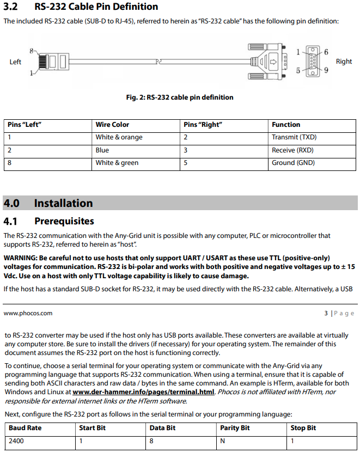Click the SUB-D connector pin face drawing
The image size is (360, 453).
click(312, 62)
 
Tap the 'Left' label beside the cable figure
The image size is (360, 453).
click(15, 62)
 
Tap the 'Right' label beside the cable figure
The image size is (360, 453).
click(344, 62)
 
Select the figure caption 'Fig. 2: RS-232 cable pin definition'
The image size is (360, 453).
click(180, 97)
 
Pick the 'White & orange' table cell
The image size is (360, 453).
click(119, 137)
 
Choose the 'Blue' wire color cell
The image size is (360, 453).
click(102, 150)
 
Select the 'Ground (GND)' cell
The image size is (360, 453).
click(293, 163)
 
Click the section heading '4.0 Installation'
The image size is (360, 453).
click(48, 203)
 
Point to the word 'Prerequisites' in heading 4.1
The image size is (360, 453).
click(64, 221)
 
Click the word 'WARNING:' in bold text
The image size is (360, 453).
click(20, 258)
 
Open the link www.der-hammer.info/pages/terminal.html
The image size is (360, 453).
click(144, 391)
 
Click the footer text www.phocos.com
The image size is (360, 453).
click(28, 313)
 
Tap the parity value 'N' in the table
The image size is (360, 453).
click(222, 440)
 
